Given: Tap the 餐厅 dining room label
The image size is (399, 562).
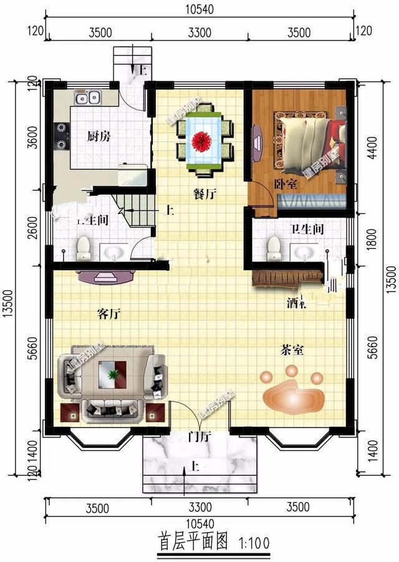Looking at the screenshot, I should pos(204,194).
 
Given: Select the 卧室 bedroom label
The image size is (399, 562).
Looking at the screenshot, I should pos(286,185).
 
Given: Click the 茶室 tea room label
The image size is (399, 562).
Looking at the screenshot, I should pos(292,350).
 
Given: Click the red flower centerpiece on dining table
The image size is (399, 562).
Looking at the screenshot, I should pos(201,141).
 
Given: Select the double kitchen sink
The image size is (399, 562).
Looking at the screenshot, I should pos(87,98).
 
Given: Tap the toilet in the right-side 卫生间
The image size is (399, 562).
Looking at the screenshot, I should pos(273,250).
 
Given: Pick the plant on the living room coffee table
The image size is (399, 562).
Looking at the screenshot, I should pos(113,375).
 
